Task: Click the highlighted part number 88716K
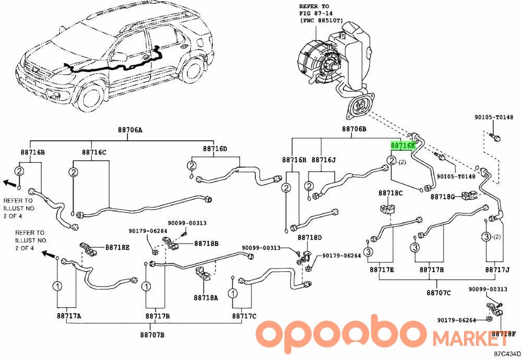pos(403,146)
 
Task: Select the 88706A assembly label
pos(130,130)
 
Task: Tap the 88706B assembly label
pos(354,129)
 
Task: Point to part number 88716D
pos(215,148)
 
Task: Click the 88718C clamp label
pos(390,193)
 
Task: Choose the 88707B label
pos(152,335)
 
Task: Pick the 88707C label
pos(439,293)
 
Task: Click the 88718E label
pos(117,247)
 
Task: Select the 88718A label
pos(206,298)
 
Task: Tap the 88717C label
pos(244,316)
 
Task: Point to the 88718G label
pos(443,197)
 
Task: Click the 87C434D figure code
pos(507,354)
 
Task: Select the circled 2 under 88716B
pos(19,171)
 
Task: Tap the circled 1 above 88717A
pos(57,285)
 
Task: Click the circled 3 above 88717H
pos(415,247)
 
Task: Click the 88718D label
pos(310,237)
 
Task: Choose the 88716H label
pos(294,160)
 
